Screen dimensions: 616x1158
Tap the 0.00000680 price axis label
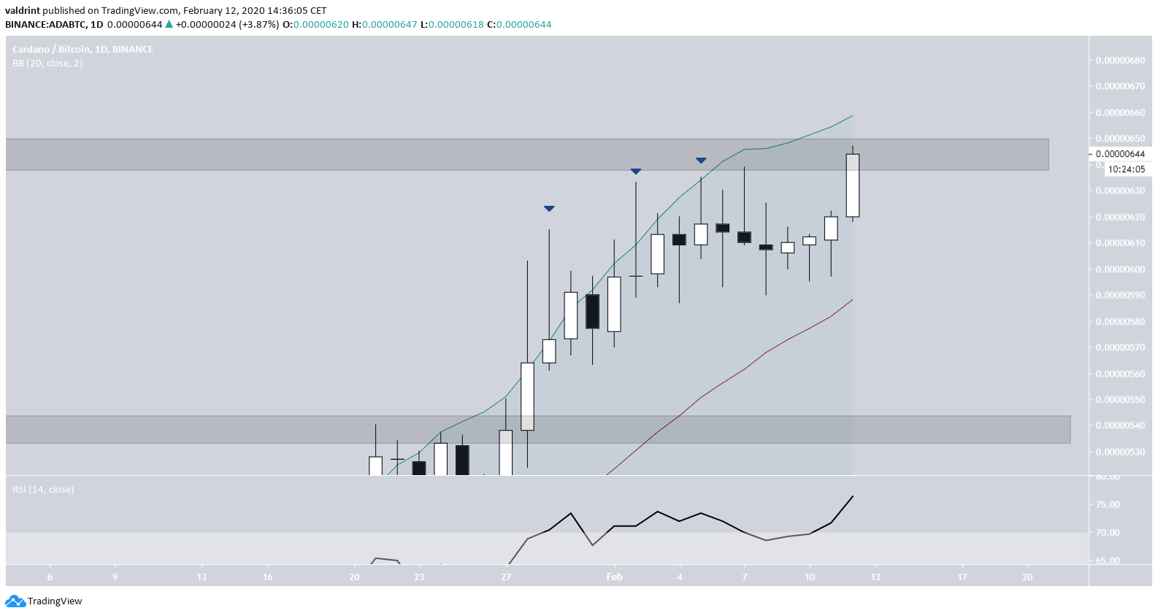[x=1120, y=61]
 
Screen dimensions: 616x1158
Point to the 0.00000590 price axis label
[x=1120, y=296]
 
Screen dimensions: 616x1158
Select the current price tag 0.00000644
[x=1120, y=154]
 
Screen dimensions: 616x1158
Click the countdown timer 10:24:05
[x=1126, y=169]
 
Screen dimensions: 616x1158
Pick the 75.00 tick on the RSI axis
[x=1108, y=504]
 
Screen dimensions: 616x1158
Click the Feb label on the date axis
[x=614, y=577]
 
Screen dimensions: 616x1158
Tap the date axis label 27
[x=506, y=577]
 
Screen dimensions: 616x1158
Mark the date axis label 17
[x=962, y=577]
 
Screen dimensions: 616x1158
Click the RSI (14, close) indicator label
[x=43, y=490]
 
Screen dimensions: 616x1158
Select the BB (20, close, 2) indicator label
[x=47, y=63]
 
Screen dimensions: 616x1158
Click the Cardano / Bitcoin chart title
[x=83, y=50]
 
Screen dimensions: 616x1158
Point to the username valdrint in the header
[x=22, y=11]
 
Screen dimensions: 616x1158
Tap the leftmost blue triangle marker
[x=549, y=209]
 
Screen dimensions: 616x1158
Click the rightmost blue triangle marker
[x=701, y=160]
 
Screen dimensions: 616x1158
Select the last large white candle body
[x=852, y=185]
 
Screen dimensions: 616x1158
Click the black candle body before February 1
[x=592, y=312]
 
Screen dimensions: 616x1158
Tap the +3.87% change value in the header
[x=262, y=25]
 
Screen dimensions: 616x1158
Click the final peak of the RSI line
[x=852, y=497]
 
